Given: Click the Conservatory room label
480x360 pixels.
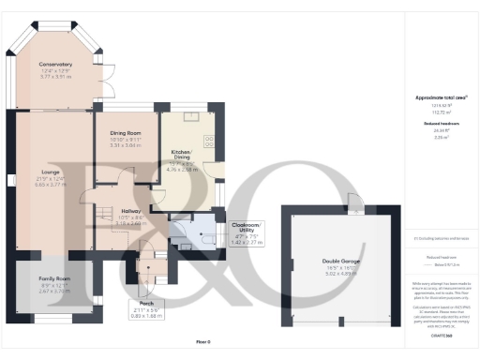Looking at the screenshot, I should point(55,64).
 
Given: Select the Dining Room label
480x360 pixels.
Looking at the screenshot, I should point(125,133).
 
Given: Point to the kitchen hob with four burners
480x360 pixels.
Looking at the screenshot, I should point(208,139).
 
